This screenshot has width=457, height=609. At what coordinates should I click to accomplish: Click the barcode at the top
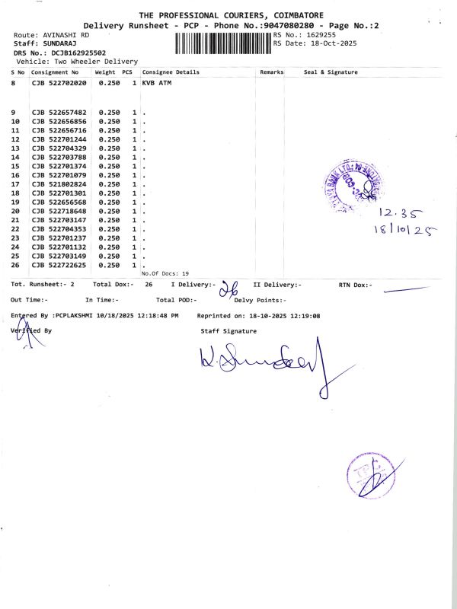(222, 42)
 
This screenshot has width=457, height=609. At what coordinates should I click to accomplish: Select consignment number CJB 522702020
(59, 82)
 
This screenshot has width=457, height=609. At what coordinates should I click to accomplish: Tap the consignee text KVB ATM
(157, 82)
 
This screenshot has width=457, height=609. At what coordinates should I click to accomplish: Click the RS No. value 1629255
(321, 35)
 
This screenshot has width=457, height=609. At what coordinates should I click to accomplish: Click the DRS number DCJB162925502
(79, 53)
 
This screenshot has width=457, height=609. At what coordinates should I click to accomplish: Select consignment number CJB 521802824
(59, 184)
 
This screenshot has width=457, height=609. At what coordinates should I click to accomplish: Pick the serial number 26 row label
(15, 265)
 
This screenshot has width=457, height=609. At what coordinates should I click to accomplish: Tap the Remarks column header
(271, 72)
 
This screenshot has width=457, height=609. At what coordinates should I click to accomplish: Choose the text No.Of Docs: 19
(165, 273)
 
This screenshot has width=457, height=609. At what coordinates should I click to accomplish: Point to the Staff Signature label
(228, 331)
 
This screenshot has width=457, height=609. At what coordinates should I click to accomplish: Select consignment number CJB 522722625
(59, 265)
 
